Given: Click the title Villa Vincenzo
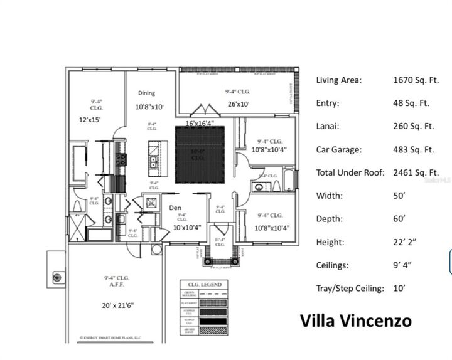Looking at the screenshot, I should pyautogui.click(x=355, y=320).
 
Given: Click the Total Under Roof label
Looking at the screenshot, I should pyautogui.click(x=350, y=172).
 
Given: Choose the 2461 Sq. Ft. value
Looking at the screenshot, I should pyautogui.click(x=416, y=172).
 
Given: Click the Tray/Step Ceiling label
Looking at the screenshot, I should pyautogui.click(x=350, y=289).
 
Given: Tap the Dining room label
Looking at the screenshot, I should pyautogui.click(x=146, y=93).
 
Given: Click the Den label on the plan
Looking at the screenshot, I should pyautogui.click(x=175, y=208).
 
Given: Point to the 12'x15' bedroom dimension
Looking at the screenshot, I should pyautogui.click(x=90, y=119).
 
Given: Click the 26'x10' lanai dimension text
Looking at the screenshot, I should pyautogui.click(x=238, y=104).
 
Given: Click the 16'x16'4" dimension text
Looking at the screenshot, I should pyautogui.click(x=199, y=123).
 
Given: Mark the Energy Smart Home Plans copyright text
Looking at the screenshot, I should pyautogui.click(x=110, y=337).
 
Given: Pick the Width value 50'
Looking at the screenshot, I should pyautogui.click(x=400, y=196).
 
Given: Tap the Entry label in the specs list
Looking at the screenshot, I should pyautogui.click(x=328, y=103).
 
